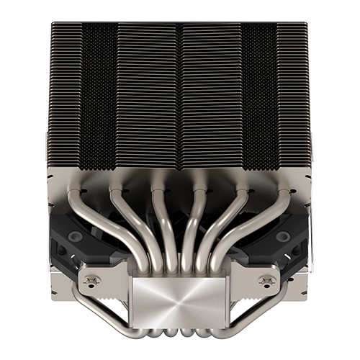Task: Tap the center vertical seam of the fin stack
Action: pyautogui.click(x=180, y=94)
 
